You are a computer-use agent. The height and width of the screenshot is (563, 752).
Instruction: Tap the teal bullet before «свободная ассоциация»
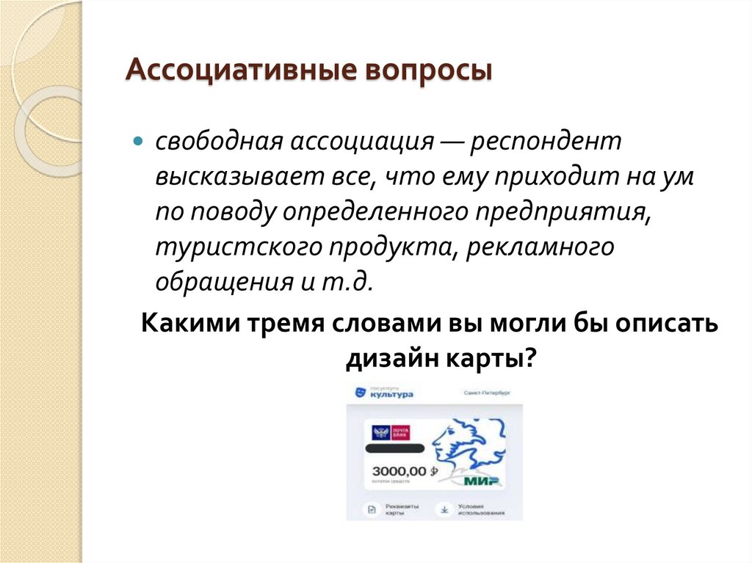[137, 141]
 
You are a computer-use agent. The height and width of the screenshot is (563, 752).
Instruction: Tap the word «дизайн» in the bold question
[390, 360]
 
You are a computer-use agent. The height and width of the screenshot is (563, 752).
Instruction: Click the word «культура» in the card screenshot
[391, 394]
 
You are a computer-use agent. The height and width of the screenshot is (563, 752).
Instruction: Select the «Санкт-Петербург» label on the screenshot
[486, 393]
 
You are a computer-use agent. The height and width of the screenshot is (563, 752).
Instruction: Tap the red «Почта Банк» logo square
[400, 432]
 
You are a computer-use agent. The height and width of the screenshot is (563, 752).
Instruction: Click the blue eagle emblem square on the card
[380, 432]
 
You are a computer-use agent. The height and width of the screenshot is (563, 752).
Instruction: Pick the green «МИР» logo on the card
[482, 481]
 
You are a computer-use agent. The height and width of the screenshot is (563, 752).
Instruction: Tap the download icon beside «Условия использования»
[443, 508]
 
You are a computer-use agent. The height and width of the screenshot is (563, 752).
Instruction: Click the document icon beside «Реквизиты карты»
[371, 509]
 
